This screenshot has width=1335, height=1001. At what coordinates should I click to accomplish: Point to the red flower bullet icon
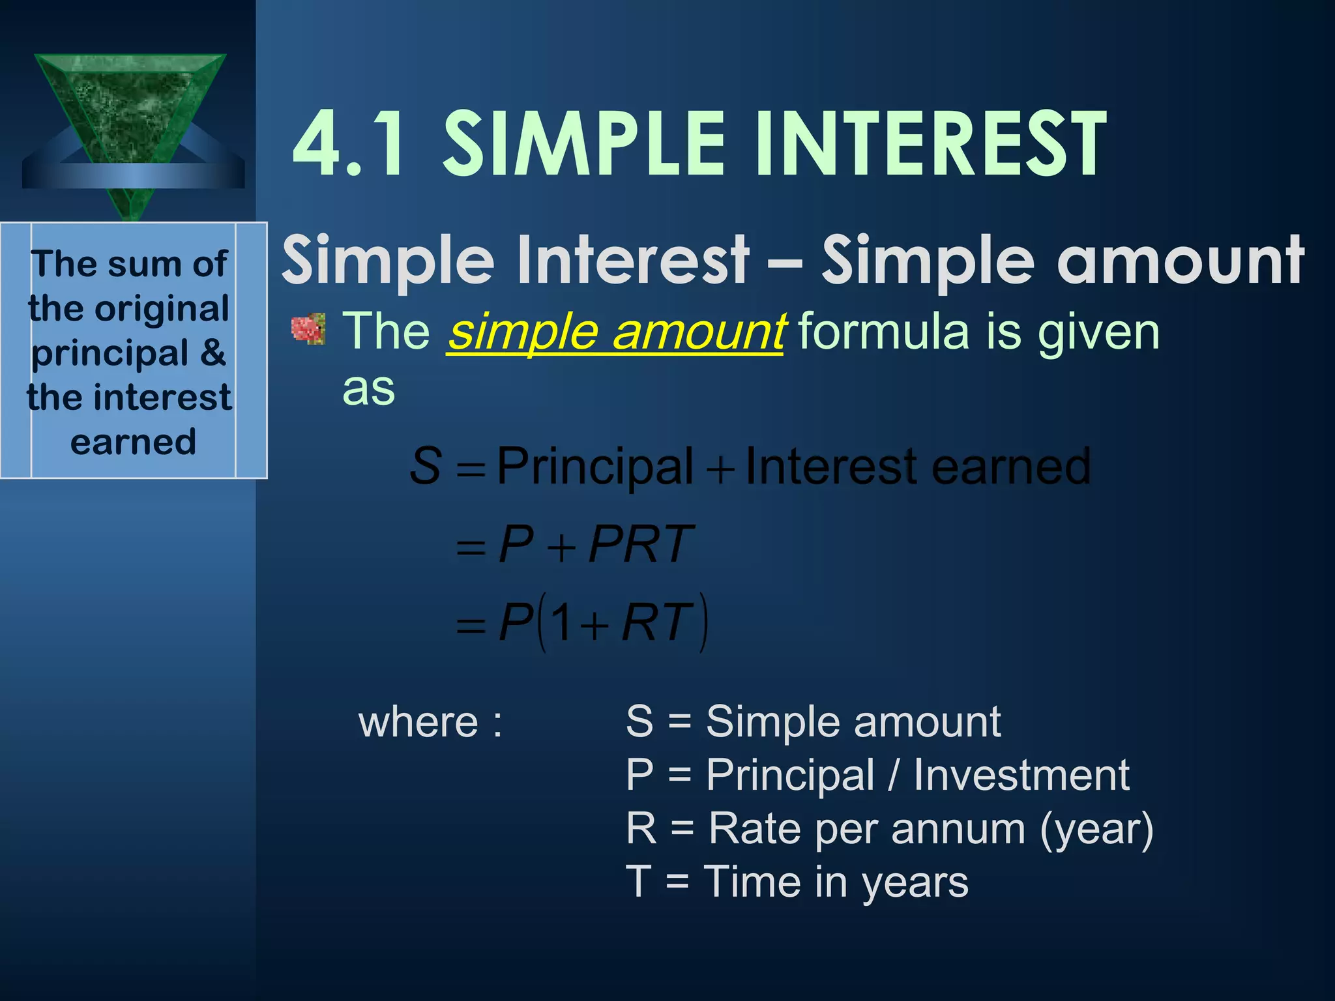tap(308, 329)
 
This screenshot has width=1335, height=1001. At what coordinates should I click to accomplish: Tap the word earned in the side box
tap(133, 442)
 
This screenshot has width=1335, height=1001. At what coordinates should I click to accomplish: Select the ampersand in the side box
tap(213, 353)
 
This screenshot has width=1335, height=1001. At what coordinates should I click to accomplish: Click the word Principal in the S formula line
tap(594, 467)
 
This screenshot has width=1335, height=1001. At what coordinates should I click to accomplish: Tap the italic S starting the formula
tap(426, 467)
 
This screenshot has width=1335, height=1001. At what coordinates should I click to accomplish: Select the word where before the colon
tap(418, 722)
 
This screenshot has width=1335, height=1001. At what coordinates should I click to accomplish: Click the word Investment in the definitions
tap(1021, 776)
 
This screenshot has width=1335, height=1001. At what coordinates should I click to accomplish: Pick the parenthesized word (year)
tap(1096, 829)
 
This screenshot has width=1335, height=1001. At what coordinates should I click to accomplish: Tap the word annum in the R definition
tap(958, 829)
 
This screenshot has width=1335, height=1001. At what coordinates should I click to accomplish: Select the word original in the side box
tap(162, 308)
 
